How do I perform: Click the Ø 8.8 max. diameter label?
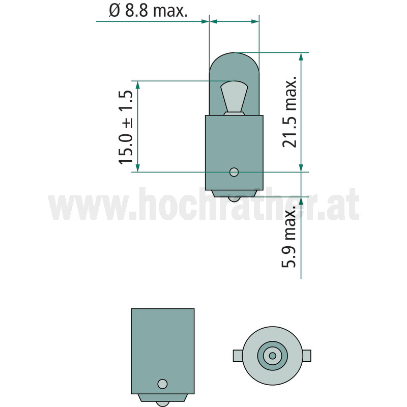[148, 11]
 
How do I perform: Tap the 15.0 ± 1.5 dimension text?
[126, 127]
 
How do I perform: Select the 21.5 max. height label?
[289, 112]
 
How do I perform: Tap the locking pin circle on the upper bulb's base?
[234, 172]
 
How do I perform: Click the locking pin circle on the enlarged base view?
[162, 384]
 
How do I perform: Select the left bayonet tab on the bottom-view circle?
[238, 356]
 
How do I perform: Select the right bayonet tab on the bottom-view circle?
[307, 356]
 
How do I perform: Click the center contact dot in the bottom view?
[272, 356]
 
